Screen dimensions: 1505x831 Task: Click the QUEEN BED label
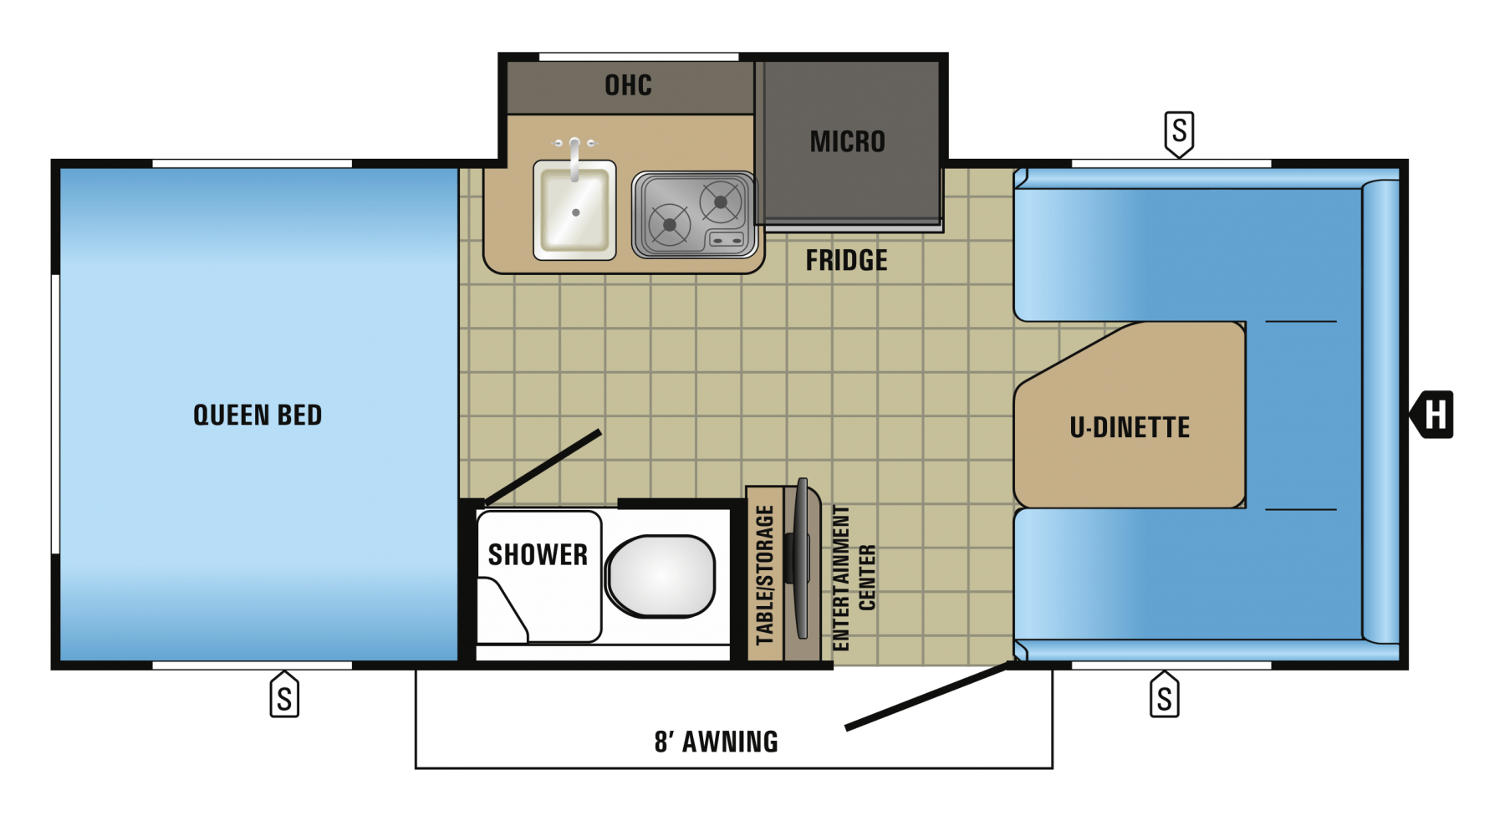coord(258,415)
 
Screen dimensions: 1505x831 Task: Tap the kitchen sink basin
coord(575,210)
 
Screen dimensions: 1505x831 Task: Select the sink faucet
coord(574,157)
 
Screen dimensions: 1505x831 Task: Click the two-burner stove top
coord(695,215)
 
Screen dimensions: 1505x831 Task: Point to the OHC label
coord(628,85)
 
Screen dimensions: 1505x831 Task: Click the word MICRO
coord(847,141)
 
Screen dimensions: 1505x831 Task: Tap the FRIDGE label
coord(846,260)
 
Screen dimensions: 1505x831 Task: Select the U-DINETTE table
coord(1130,415)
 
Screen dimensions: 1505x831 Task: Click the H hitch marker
coord(1431,414)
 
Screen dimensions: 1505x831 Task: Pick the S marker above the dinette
coord(1179,134)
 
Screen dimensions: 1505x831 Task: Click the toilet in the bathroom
coord(661,576)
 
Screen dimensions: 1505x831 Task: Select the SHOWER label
coord(538,554)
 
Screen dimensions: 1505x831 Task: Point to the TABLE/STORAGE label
coord(764,575)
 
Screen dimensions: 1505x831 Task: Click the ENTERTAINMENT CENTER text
coord(854,577)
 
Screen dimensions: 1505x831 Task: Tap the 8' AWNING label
coord(716,742)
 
